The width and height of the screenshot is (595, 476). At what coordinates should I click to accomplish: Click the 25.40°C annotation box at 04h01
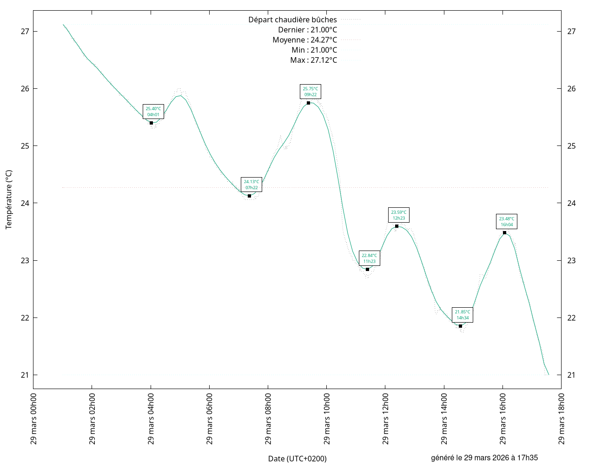coord(153,112)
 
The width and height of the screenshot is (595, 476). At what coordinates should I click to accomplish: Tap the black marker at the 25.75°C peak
coord(308,103)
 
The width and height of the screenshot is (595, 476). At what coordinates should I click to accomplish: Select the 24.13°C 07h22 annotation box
coord(251,185)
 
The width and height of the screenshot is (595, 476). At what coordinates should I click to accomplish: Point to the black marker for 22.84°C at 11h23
coord(367,269)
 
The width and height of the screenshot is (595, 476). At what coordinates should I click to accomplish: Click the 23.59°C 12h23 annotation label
coord(398,215)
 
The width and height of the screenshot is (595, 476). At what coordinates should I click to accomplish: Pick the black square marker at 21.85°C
coord(460,326)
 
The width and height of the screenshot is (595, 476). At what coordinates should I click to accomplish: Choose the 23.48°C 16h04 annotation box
coord(506,222)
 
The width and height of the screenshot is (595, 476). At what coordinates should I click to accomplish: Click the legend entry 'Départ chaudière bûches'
coord(292,20)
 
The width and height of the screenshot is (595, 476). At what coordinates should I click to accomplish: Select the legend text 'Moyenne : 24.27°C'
coord(304,40)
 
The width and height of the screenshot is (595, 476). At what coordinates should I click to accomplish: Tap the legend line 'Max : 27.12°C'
coord(313,60)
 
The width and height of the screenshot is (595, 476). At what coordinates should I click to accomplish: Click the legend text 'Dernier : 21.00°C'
coord(307,30)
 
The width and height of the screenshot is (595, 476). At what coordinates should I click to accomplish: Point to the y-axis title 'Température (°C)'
coord(9,199)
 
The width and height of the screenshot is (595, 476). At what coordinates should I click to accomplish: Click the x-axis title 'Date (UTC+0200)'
coord(297,459)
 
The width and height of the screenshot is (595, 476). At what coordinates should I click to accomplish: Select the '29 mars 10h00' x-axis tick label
coord(327,419)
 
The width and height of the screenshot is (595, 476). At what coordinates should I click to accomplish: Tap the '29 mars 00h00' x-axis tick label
coord(33,419)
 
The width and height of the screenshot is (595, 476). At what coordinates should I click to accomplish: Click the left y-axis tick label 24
coord(25,203)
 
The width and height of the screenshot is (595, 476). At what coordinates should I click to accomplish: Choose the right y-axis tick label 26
coord(571,89)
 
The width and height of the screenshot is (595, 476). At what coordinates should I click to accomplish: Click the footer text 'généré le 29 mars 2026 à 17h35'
coord(484,458)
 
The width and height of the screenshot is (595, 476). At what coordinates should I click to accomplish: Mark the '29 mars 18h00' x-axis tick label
coord(562,419)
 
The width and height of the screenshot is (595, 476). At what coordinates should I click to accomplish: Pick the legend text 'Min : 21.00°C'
coord(314,50)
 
